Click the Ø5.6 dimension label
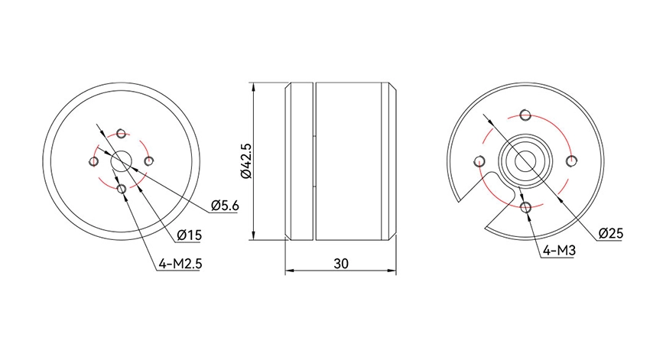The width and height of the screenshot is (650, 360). point(225,206)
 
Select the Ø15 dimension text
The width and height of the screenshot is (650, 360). point(190,235)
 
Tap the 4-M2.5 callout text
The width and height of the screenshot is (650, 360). point(180,264)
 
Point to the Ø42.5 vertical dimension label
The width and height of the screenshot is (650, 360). point(246,161)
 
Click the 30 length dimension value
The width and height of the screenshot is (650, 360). point(341,264)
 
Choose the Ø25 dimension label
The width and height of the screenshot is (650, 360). point(611,233)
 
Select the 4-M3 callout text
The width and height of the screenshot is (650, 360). point(559,250)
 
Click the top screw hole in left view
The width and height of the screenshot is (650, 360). point(121,134)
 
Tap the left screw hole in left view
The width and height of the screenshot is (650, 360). point(94,161)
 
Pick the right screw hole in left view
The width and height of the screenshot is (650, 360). point(148,161)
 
